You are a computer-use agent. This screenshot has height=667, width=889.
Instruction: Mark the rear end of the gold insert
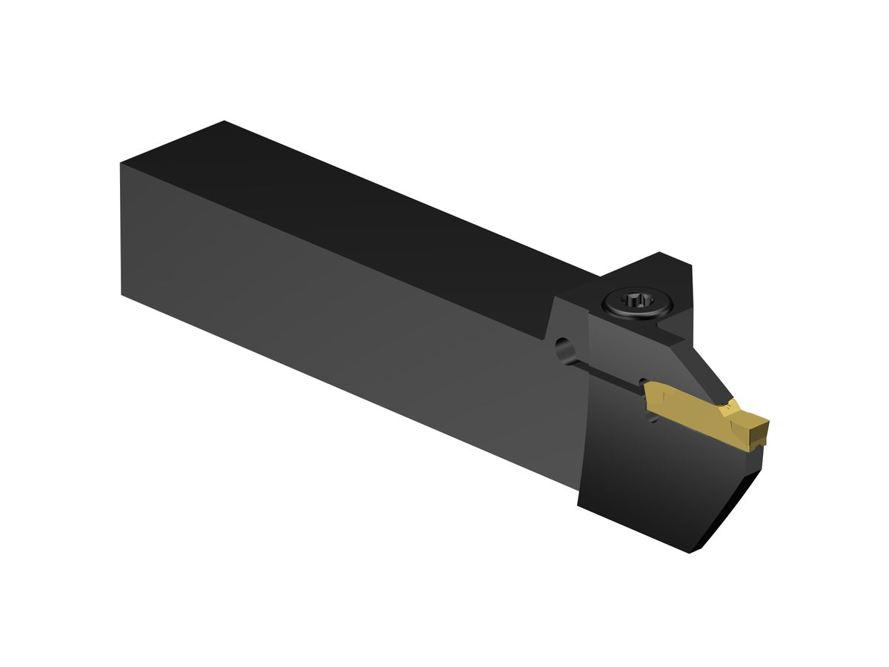click(647, 401)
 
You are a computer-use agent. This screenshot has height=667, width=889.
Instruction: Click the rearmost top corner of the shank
click(224, 122)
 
